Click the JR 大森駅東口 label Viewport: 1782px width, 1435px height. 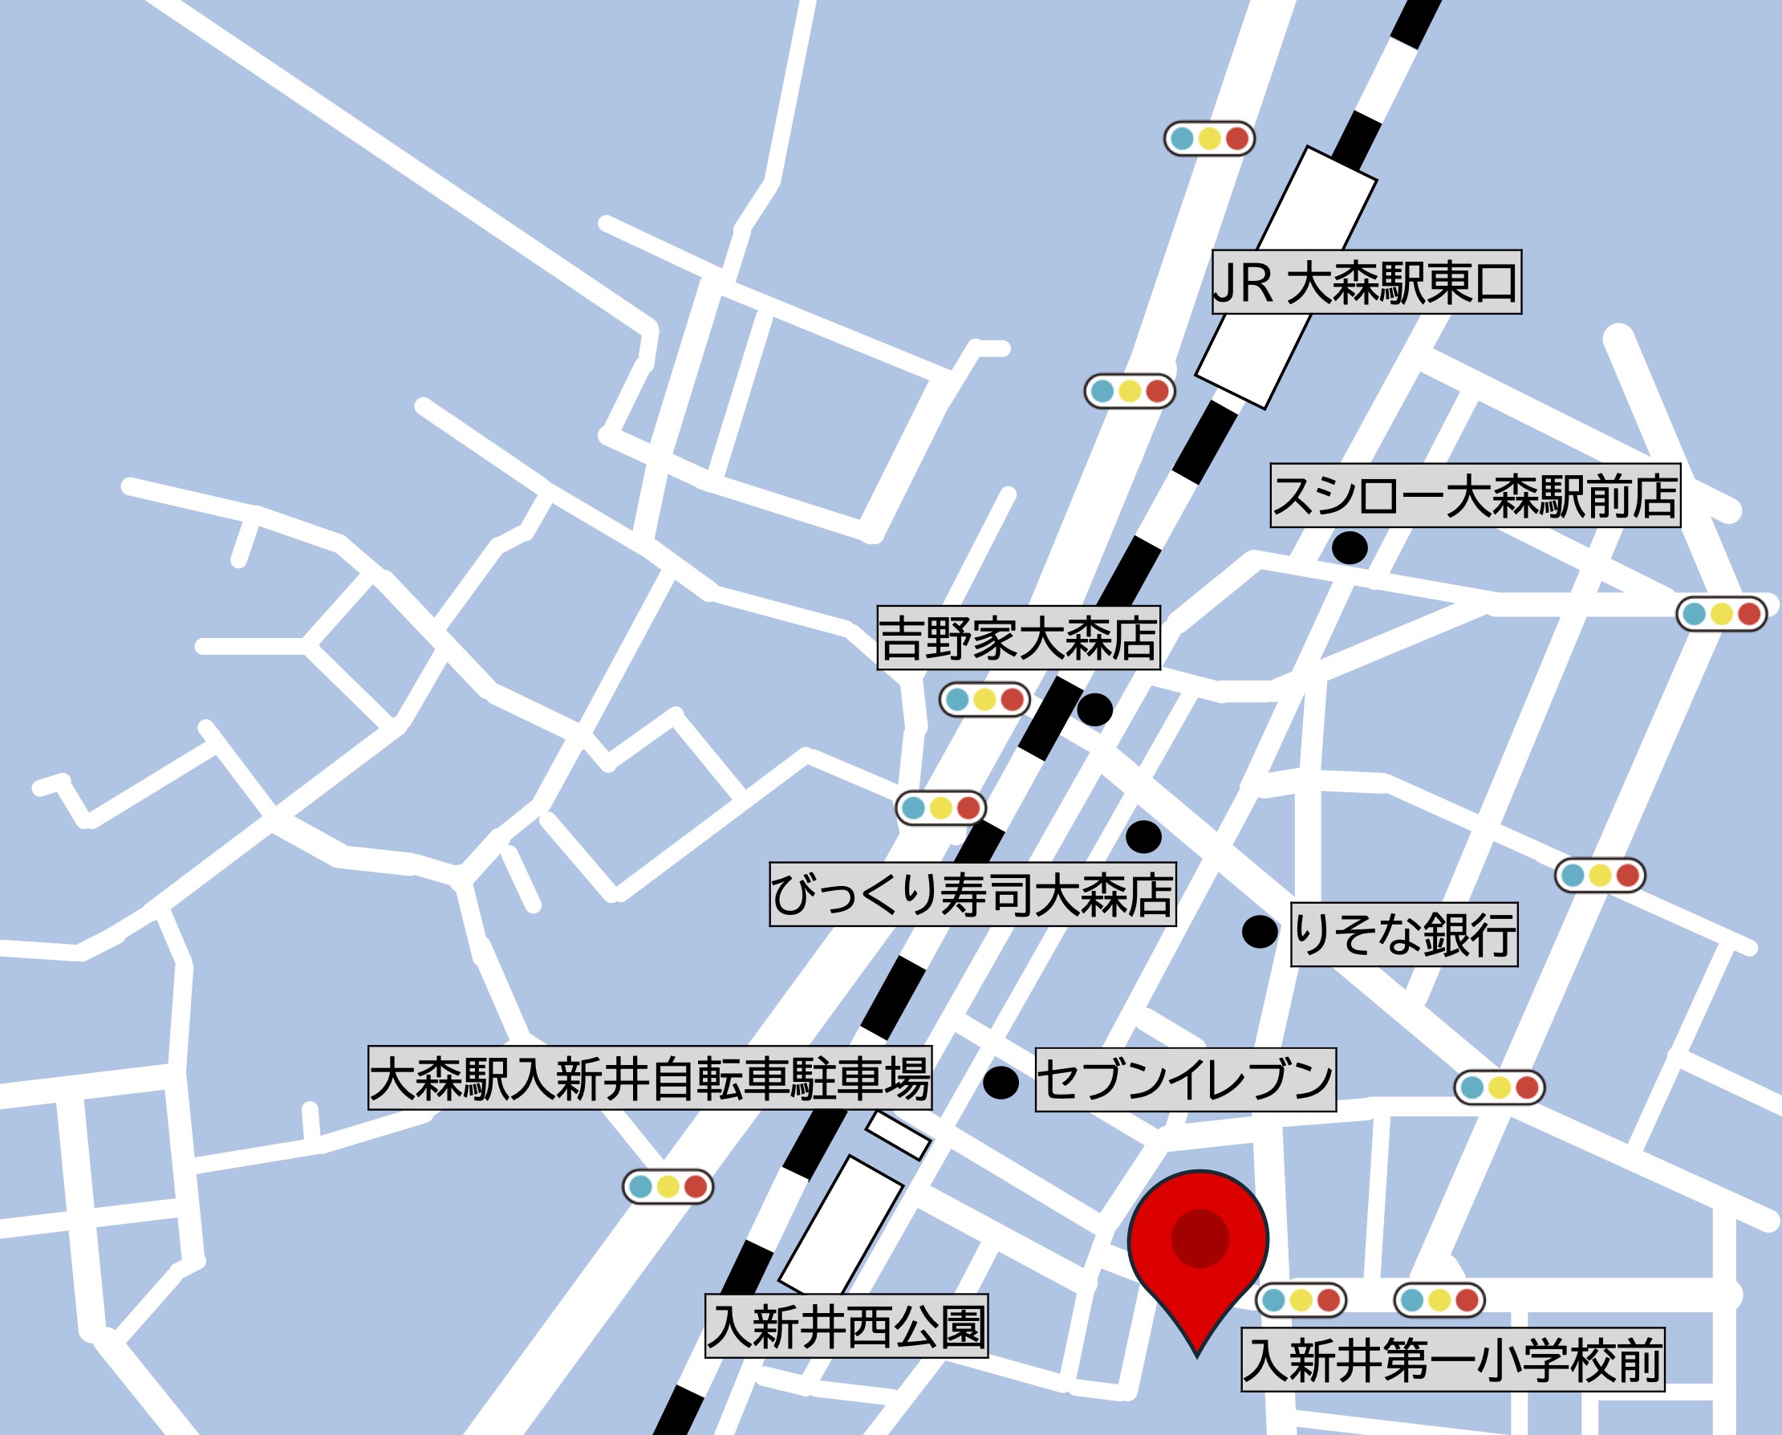pyautogui.click(x=1366, y=282)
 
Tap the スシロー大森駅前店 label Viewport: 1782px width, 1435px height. pyautogui.click(x=1475, y=495)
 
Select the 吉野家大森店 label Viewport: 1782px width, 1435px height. pyautogui.click(x=1018, y=637)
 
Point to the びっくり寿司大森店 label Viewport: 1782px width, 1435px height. pyautogui.click(x=972, y=894)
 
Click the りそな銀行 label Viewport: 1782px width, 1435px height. pyautogui.click(x=1404, y=934)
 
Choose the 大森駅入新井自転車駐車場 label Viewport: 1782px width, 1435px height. pyautogui.click(x=650, y=1078)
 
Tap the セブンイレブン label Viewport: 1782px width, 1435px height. pyautogui.click(x=1185, y=1079)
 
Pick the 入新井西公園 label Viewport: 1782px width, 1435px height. pyautogui.click(x=846, y=1326)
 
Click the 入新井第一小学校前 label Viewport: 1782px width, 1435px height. pyautogui.click(x=1452, y=1360)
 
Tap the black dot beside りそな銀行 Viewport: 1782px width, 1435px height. pyautogui.click(x=1260, y=932)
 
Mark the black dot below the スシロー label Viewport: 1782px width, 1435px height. pyautogui.click(x=1349, y=547)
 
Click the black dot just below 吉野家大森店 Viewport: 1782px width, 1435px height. pyautogui.click(x=1094, y=709)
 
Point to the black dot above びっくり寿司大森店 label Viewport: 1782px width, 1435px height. pyautogui.click(x=1143, y=836)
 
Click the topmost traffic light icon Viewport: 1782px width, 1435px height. pyautogui.click(x=1209, y=138)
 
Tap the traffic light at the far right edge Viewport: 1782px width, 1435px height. pyautogui.click(x=1721, y=613)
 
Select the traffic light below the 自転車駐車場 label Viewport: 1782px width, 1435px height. pyautogui.click(x=667, y=1187)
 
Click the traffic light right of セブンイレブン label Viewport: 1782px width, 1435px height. pyautogui.click(x=1500, y=1087)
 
